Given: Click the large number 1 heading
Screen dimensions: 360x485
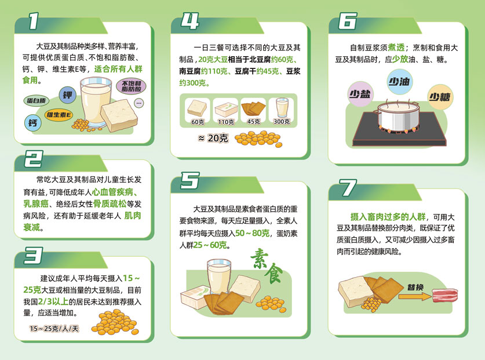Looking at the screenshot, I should [33, 22].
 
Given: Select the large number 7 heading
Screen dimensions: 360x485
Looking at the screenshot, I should [348, 188].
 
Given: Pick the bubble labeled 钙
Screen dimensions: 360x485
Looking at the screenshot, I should [32, 122].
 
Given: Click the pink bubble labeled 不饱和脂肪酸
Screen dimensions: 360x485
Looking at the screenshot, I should [133, 88].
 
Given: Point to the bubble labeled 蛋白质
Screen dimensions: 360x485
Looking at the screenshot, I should [37, 100].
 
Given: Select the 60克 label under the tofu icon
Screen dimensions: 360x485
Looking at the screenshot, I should [198, 122].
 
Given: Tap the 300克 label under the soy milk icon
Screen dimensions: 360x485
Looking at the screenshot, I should [282, 122].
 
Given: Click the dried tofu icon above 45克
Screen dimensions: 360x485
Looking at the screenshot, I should [253, 108].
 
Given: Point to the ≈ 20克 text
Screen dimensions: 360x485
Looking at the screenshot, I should [213, 138].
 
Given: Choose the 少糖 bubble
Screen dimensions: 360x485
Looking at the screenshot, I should [439, 96].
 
